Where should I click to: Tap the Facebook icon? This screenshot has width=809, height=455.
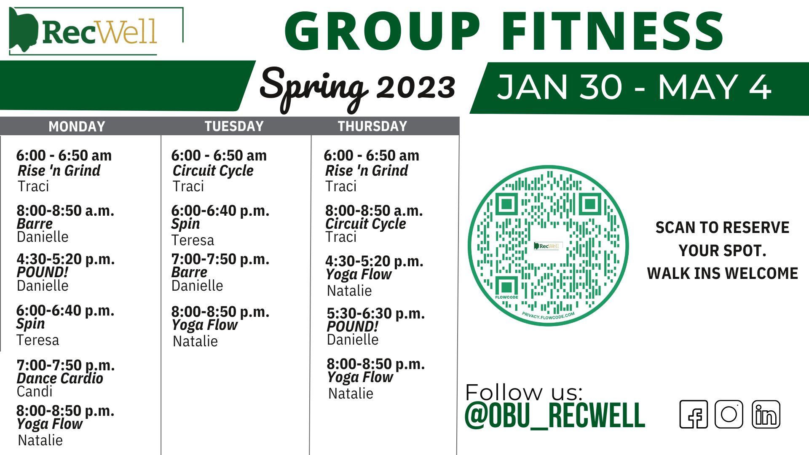point(694,415)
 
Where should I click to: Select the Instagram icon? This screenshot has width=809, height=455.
point(729,415)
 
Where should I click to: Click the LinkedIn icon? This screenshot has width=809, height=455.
point(766,415)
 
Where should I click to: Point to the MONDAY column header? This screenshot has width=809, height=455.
point(77,126)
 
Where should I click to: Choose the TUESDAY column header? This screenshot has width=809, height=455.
point(234,126)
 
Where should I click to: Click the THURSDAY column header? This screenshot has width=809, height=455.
point(372,126)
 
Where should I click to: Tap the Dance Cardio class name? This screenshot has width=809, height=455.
point(60,378)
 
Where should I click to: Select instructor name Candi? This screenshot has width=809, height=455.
point(35,391)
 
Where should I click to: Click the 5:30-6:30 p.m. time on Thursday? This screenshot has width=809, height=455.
point(376,314)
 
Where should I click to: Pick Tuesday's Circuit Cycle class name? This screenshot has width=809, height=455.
point(213,171)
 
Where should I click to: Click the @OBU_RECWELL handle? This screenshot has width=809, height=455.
point(555,416)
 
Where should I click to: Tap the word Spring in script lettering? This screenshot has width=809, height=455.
point(314,88)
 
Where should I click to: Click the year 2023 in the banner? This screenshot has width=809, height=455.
point(416,87)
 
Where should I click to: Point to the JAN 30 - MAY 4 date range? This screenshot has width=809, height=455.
point(634,87)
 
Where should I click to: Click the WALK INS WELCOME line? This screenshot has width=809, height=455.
point(723,273)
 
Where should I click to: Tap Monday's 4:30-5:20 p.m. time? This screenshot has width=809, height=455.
point(66,260)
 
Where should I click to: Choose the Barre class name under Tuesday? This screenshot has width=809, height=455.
point(189,272)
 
